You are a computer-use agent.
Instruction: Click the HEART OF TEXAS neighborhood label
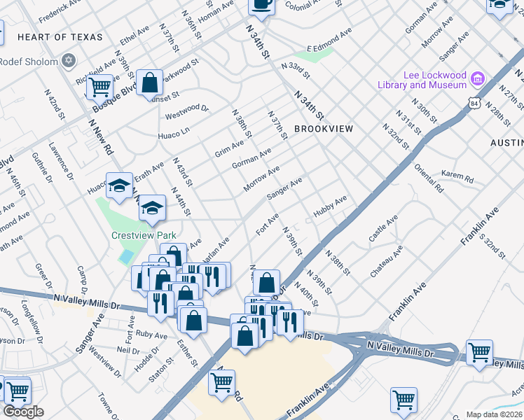click(60, 37)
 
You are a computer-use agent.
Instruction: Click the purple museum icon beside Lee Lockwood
click(478, 77)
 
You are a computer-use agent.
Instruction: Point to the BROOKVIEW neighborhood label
click(324, 129)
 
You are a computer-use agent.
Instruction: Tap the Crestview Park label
click(144, 236)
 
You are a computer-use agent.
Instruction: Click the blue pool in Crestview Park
click(125, 256)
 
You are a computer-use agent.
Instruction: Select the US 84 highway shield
click(475, 104)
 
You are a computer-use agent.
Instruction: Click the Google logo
click(23, 412)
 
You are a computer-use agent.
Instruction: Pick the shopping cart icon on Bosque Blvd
click(101, 87)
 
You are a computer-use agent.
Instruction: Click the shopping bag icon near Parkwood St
click(150, 83)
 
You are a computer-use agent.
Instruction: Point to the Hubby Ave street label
click(330, 208)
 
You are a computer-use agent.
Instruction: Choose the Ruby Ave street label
click(152, 335)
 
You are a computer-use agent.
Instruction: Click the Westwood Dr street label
click(187, 108)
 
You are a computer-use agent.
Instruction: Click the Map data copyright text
click(494, 414)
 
